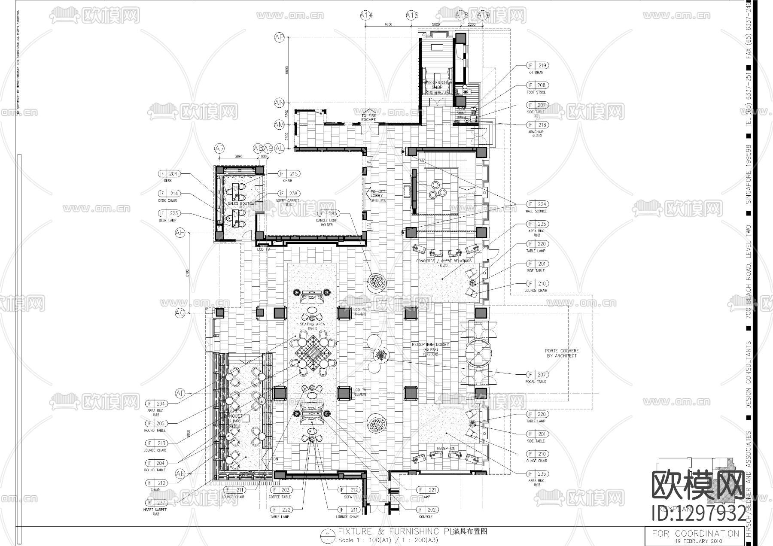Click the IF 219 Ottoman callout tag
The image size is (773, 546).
pyautogui.click(x=538, y=66)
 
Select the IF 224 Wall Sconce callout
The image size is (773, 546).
pyautogui.click(x=537, y=204)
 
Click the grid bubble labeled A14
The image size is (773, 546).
pyautogui.click(x=366, y=15)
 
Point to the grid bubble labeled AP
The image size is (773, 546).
pyautogui.click(x=280, y=38)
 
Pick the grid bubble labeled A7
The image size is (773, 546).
pyautogui.click(x=219, y=149)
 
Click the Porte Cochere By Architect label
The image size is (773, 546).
pyautogui.click(x=562, y=353)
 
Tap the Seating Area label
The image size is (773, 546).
pyautogui.click(x=312, y=325)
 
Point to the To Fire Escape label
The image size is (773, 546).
pyautogui.click(x=368, y=118)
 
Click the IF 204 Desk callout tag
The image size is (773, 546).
pyautogui.click(x=169, y=174)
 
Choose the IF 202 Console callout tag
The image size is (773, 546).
pyautogui.click(x=427, y=510)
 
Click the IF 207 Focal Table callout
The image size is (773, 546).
pyautogui.click(x=537, y=375)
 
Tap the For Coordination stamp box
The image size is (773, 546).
pyautogui.click(x=696, y=534)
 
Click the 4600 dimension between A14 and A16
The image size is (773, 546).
pyautogui.click(x=388, y=24)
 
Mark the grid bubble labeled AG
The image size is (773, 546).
pyautogui.click(x=180, y=313)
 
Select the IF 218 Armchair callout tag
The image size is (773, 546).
pyautogui.click(x=538, y=125)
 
